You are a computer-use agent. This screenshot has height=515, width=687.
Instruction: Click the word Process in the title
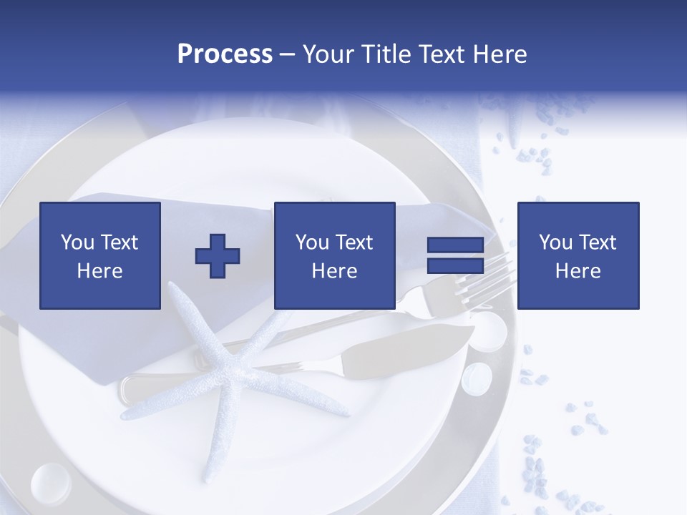pos(225,54)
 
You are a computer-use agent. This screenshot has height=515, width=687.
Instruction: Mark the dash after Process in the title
pos(288,55)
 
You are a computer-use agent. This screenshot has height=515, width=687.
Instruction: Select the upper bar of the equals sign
pos(455,245)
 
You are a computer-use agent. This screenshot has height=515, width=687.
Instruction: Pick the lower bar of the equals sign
pos(455,265)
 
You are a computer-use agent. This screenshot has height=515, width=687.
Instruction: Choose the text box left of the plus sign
pos(100,255)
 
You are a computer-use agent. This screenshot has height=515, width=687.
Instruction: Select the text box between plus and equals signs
pos(334,255)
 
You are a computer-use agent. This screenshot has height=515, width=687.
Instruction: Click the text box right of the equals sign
pos(578,255)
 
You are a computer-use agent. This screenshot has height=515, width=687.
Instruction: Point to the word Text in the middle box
pos(354,242)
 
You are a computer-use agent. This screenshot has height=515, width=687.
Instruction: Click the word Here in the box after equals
pos(578,271)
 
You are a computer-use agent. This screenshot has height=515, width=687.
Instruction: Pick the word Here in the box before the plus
pos(100,271)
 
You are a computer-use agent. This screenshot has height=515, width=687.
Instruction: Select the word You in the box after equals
pos(555,242)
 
